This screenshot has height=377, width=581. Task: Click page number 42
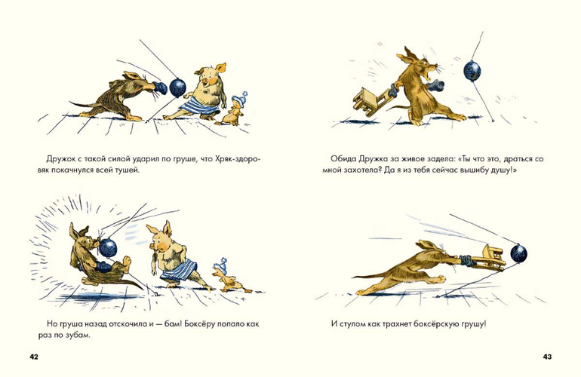34,357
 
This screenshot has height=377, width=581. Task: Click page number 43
547,357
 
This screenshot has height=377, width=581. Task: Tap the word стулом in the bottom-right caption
352,324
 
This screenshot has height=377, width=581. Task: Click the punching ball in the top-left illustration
177,87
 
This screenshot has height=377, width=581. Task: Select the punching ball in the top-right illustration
472,69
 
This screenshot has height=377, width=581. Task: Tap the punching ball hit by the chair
518,253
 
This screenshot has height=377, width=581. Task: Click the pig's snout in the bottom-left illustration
153,246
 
